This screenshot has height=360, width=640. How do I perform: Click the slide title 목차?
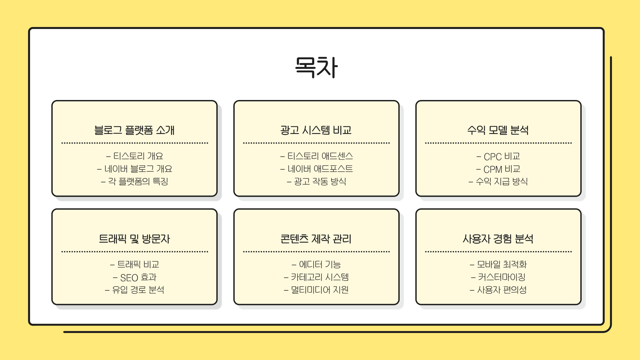click(x=316, y=67)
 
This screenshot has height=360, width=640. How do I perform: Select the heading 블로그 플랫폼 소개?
click(x=134, y=130)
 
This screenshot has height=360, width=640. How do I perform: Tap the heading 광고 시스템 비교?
click(x=316, y=130)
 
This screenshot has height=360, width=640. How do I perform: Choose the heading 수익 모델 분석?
click(x=498, y=130)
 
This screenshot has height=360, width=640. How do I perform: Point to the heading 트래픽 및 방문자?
click(x=134, y=239)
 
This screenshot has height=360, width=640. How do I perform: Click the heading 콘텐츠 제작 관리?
click(x=316, y=239)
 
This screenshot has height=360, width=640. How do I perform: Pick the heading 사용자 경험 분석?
click(x=498, y=239)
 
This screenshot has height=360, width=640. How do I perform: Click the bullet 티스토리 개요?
click(x=138, y=156)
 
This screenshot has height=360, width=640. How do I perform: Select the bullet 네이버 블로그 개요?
click(x=138, y=169)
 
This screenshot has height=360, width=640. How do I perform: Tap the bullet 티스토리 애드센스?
click(x=320, y=156)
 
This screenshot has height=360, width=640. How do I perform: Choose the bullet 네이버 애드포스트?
click(x=320, y=169)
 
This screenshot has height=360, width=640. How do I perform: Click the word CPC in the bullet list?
click(x=493, y=156)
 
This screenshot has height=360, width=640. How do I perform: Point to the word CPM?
click(x=493, y=169)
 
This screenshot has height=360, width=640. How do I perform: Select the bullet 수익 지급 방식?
click(x=502, y=181)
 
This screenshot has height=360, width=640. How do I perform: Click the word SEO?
click(x=129, y=278)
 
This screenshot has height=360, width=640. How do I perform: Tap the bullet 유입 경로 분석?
click(x=138, y=290)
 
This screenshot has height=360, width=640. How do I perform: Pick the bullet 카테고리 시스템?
click(x=320, y=277)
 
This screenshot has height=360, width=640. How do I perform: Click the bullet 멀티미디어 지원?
click(x=320, y=290)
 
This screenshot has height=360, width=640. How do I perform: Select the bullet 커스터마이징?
click(x=502, y=277)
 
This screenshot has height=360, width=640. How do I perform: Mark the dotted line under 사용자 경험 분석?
click(x=498, y=252)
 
